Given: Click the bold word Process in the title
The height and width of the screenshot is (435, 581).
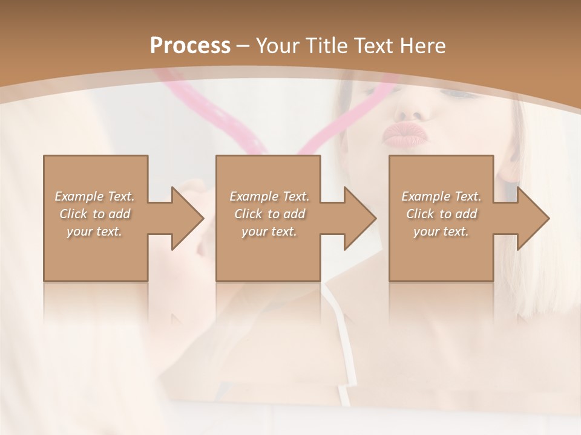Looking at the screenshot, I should [x=190, y=46].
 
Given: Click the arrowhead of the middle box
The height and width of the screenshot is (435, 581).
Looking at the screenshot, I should [x=359, y=218].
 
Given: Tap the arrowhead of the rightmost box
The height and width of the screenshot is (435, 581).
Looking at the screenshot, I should [x=533, y=218].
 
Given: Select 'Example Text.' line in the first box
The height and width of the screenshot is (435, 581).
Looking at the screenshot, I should [x=94, y=196].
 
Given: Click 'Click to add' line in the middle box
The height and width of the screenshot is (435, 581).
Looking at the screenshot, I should [x=269, y=214].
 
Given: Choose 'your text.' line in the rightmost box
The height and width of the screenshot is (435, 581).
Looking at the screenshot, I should [x=441, y=231].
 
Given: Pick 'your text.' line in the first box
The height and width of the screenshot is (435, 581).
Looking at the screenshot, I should [x=94, y=231].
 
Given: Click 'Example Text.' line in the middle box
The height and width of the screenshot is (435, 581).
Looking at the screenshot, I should [x=269, y=196].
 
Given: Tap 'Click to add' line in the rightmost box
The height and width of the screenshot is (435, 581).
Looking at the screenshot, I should [x=441, y=214].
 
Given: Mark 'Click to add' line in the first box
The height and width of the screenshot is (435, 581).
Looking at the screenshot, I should [x=94, y=214].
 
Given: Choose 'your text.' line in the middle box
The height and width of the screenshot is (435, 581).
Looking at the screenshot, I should [x=269, y=231].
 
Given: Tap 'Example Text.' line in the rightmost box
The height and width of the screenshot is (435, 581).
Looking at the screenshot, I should [x=441, y=196].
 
